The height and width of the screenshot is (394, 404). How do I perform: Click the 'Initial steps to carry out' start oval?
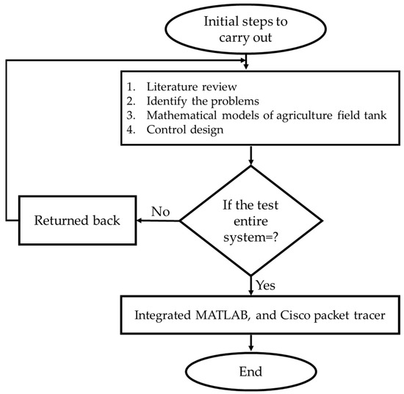pos(252,29)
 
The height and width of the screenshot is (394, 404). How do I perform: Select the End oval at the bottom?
pos(252,369)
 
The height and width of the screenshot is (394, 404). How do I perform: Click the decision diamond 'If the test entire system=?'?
pos(252,220)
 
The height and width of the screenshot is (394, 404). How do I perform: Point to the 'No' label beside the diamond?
pos(160,212)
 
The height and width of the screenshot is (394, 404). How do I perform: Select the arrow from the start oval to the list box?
pos(252,60)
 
